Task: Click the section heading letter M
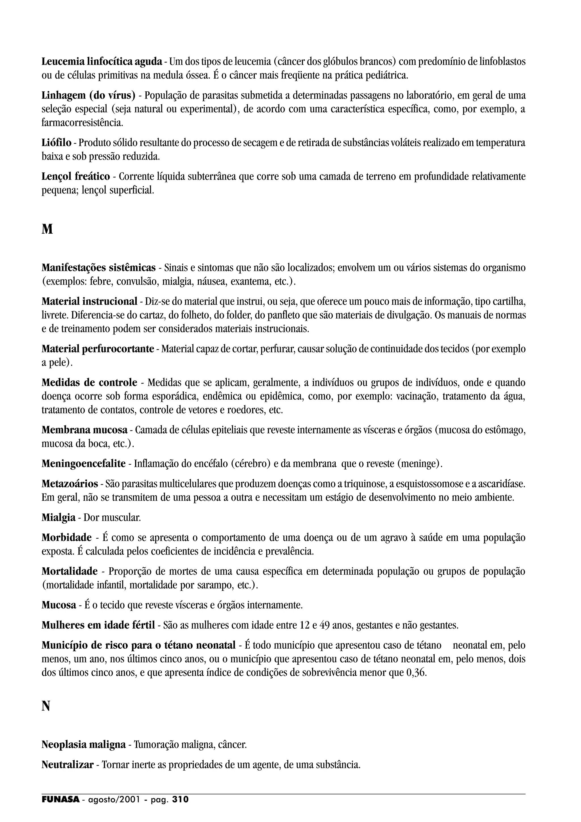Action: (x=47, y=229)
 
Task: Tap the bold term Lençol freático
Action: (x=76, y=176)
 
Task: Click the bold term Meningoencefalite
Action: (x=83, y=464)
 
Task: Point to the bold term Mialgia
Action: (x=58, y=518)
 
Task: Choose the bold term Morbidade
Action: (x=67, y=538)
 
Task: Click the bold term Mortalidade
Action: (x=70, y=571)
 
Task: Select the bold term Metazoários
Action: (x=70, y=484)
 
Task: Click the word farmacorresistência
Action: (x=82, y=123)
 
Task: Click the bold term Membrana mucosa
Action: (x=85, y=430)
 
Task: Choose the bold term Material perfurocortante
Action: (x=98, y=349)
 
